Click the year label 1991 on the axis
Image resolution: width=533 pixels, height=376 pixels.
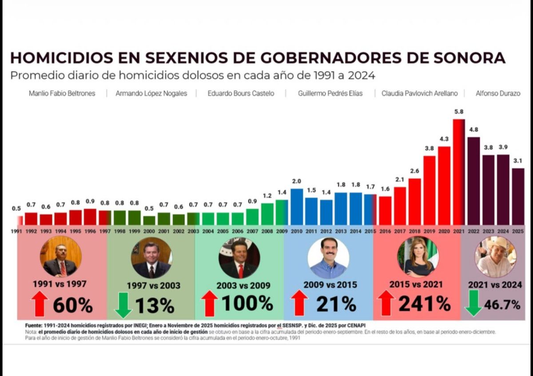point(17,231)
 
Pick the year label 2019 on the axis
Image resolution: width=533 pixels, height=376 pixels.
point(430,231)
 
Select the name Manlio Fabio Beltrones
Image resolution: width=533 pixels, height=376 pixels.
point(62,94)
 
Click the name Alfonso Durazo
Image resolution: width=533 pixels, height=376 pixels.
point(497,94)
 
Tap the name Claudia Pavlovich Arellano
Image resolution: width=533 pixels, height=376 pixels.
point(419,94)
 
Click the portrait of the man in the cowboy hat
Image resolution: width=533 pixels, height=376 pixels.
point(495,257)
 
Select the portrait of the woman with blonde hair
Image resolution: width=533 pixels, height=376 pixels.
point(418,257)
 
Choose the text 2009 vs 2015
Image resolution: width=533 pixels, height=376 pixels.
point(330,285)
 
